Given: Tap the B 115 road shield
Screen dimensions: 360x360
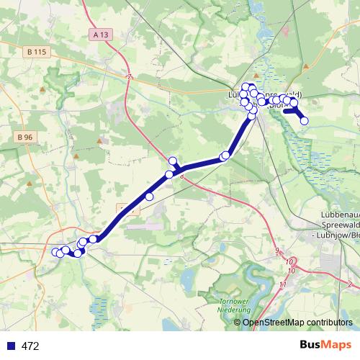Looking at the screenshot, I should point(35,53).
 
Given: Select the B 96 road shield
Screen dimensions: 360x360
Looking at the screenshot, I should point(25,137).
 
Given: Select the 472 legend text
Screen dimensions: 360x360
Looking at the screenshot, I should point(30,346).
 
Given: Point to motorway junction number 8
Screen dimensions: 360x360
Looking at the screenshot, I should point(182,174).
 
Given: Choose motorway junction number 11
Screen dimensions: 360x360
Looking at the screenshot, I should point(283,286).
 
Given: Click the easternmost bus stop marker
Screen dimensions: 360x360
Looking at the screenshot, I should point(304,121).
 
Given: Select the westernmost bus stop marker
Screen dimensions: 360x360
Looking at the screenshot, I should point(55,252).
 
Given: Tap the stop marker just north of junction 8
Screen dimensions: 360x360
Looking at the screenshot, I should point(172,161).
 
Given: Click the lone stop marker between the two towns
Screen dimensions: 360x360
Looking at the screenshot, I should point(150,196).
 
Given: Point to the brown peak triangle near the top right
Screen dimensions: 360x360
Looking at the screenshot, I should point(306,66).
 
